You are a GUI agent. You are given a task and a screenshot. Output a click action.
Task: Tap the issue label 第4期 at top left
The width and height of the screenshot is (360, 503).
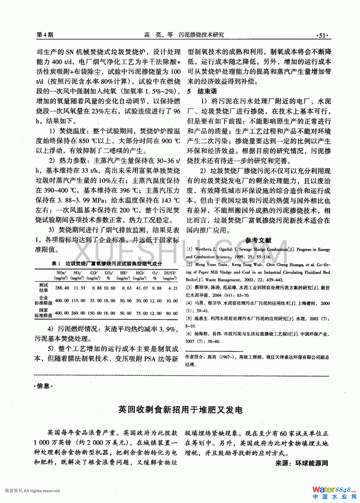45,35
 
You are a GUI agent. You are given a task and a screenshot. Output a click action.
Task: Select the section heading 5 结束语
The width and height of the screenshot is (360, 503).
202,91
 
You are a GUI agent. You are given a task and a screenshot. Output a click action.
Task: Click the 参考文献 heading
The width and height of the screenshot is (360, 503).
258,240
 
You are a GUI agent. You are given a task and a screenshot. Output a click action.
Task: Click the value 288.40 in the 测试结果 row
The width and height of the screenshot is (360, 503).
62,288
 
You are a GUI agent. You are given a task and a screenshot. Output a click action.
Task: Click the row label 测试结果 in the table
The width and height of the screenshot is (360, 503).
43,288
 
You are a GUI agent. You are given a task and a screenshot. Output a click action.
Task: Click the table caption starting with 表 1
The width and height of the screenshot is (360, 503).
107,264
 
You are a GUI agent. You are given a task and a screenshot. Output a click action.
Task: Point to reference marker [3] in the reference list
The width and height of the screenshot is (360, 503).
189,288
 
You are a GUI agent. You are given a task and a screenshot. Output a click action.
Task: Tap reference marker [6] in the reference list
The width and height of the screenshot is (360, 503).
189,334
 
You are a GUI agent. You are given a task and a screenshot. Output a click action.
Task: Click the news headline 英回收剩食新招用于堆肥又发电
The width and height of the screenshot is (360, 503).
180,409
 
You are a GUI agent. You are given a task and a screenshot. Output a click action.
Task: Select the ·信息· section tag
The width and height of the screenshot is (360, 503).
43,386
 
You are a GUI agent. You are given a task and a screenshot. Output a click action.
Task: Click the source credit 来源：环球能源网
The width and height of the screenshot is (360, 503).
301,463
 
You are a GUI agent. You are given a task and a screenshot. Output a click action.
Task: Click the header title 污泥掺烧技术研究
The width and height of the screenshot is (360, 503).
201,35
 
